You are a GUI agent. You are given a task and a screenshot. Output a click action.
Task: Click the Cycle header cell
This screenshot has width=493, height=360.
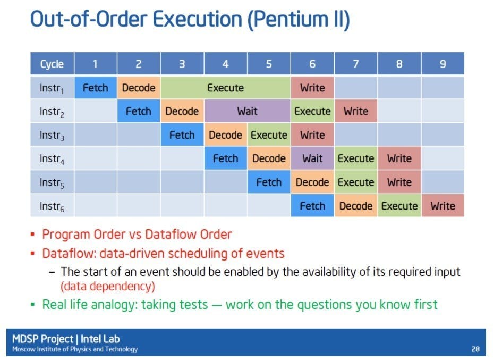(52, 64)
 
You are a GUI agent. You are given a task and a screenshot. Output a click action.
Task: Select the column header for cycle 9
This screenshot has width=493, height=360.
(443, 64)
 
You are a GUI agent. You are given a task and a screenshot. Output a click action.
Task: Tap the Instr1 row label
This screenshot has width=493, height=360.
(52, 88)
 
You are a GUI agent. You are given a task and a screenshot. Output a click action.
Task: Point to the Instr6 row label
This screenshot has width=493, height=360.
(52, 206)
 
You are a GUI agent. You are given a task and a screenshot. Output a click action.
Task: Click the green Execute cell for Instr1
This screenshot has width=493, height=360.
(225, 88)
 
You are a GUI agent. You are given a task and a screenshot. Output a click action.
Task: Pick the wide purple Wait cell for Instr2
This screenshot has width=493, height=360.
(247, 111)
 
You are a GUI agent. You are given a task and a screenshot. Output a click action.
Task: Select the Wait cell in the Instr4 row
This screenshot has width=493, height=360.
(312, 158)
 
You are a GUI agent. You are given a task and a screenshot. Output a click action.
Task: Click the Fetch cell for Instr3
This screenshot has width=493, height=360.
(182, 135)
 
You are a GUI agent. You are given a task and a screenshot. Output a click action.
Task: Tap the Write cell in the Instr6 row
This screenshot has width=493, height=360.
(443, 206)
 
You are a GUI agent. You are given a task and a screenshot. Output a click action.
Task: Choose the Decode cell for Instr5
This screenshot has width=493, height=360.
(312, 182)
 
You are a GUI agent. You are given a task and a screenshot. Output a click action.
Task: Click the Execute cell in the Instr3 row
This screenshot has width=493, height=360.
(269, 135)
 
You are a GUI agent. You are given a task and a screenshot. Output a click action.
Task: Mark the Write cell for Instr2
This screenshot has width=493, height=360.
(355, 111)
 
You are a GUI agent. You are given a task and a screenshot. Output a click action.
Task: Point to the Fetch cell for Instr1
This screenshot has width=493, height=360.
(95, 88)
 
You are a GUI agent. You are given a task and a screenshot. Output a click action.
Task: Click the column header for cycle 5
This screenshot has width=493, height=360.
(269, 64)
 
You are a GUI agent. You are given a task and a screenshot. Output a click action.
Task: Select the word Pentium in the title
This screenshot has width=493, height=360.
(290, 19)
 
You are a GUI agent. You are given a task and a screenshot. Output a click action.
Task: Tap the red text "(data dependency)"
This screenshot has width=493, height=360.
(108, 287)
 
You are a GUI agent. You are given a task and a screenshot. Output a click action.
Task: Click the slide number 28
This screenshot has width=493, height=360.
(475, 349)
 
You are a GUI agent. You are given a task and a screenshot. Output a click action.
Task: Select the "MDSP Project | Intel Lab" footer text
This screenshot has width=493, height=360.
(66, 339)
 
